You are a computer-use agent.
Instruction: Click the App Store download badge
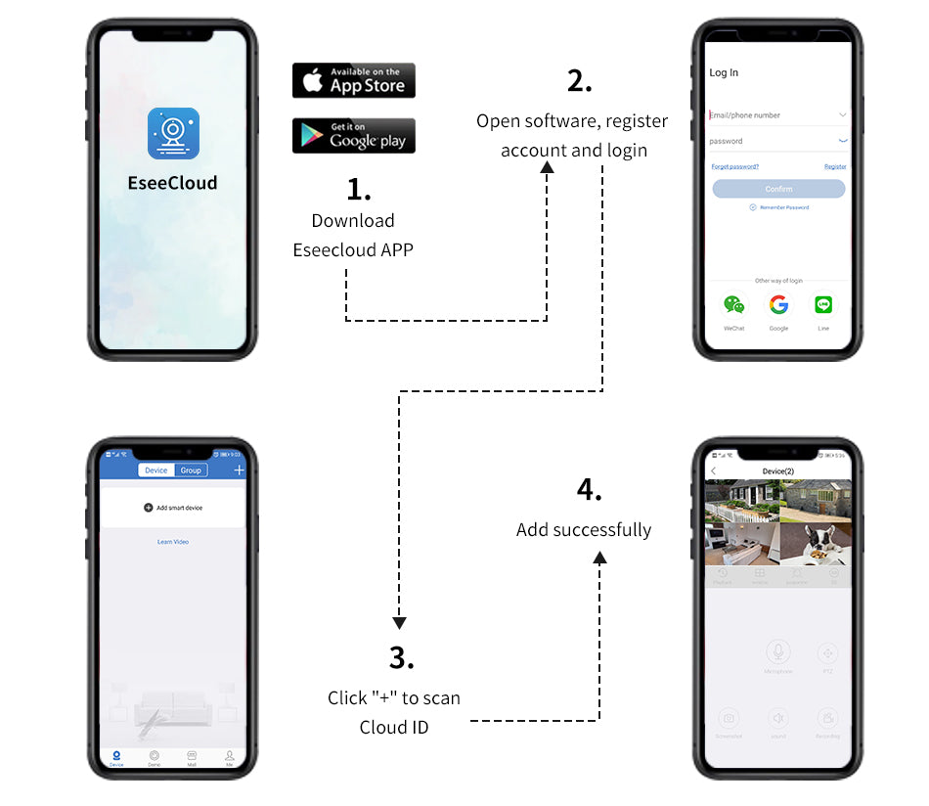point(354,80)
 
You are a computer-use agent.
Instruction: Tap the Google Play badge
point(354,136)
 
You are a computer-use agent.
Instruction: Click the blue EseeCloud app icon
point(173,133)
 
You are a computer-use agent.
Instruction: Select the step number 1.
point(359,189)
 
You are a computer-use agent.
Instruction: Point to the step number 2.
point(579,82)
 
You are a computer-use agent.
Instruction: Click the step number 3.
point(401,657)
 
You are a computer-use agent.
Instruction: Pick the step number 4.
point(589,489)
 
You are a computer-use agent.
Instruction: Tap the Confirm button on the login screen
point(778,189)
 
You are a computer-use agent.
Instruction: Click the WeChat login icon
point(733,305)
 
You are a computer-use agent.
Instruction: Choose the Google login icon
point(778,305)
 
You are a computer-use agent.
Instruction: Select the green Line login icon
point(823,305)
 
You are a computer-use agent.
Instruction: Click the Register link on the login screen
point(835,167)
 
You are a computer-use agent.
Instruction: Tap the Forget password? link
point(734,167)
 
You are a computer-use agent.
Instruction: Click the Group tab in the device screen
point(191,470)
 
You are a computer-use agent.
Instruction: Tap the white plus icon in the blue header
point(240,470)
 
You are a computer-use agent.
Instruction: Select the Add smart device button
point(173,508)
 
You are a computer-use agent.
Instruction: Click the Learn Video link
point(173,542)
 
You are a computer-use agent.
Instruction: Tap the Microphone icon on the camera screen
point(778,651)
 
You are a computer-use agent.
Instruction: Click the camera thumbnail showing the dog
point(816,543)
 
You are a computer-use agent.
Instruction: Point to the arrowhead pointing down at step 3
point(399,622)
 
